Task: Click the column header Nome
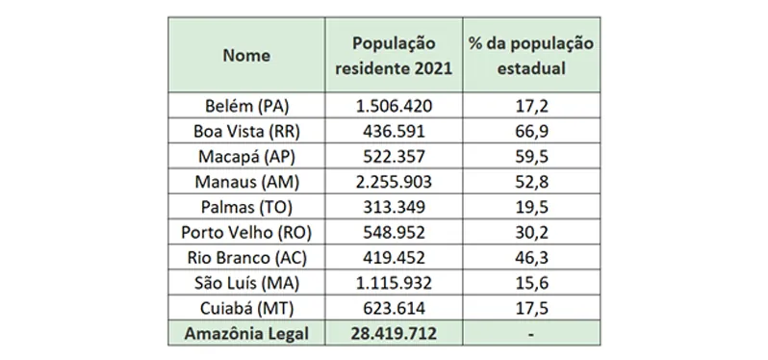coord(246,56)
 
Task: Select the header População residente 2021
coord(394,56)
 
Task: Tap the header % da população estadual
coord(529,56)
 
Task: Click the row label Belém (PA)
coord(246,104)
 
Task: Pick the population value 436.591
coord(394,129)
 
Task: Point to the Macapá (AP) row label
coord(246,154)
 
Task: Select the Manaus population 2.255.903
coord(394,179)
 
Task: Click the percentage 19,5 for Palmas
coord(529,204)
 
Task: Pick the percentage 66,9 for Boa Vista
coord(529,129)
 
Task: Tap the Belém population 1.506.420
coord(394,104)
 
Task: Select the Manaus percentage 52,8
coord(529,179)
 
